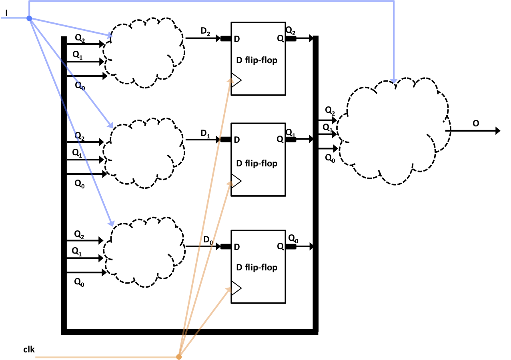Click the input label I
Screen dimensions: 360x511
point(6,13)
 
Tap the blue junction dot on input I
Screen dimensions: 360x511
point(29,18)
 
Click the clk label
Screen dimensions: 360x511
point(29,350)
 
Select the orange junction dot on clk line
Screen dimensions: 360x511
point(179,356)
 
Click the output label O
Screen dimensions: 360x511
point(476,123)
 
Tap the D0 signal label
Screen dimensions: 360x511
point(207,240)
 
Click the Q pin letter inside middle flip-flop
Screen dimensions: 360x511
point(280,140)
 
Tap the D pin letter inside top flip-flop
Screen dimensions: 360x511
point(237,39)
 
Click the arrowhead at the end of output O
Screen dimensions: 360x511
point(497,130)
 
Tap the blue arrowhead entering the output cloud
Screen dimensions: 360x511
point(394,81)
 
